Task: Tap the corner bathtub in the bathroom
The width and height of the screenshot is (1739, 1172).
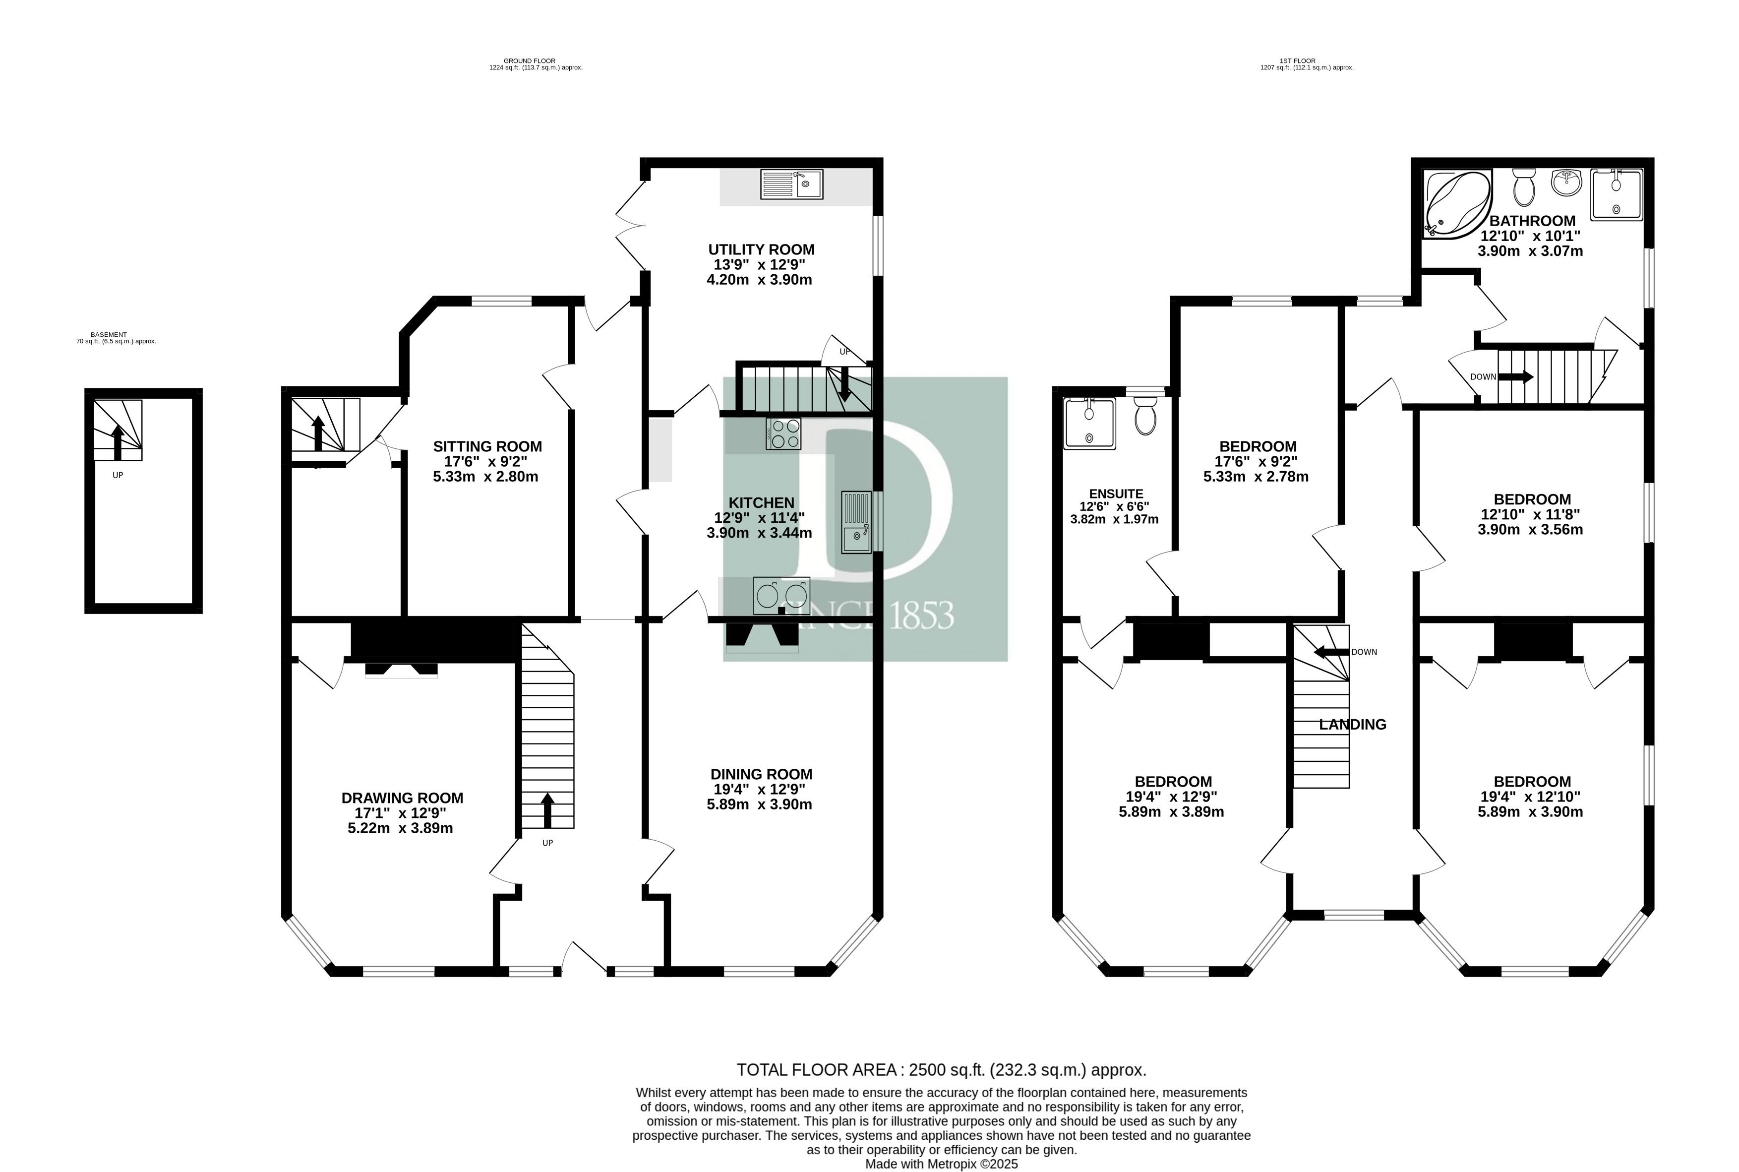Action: (1457, 204)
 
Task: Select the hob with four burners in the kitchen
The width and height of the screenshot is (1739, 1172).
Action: (783, 433)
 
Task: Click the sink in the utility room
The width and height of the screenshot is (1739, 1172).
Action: (791, 185)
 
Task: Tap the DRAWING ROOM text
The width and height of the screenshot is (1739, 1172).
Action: (402, 798)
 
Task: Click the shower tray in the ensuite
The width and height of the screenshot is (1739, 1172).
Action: (1089, 423)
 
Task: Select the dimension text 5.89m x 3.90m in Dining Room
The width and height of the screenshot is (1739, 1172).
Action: (759, 804)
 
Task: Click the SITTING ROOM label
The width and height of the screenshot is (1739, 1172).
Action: (487, 446)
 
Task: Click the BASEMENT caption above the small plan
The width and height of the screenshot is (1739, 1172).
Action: (109, 335)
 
